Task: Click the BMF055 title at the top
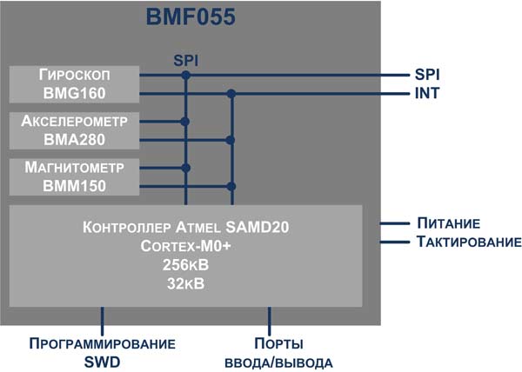190,17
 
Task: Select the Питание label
448,223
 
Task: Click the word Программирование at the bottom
103,342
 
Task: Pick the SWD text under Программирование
103,361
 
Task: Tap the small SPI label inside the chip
185,61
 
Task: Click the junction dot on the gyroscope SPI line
185,75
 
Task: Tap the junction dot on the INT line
231,93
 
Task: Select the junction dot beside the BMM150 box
231,185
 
